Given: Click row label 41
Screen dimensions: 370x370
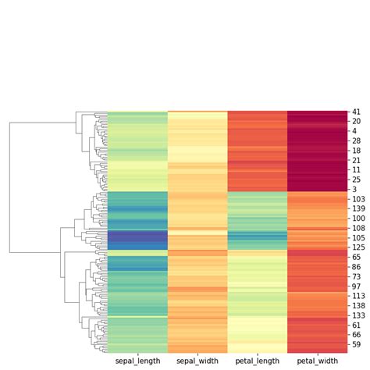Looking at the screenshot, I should [356, 112].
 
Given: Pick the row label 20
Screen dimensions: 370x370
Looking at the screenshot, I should [356, 122].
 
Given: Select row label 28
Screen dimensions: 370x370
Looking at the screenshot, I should [356, 141].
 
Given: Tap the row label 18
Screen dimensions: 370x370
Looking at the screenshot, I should [356, 151].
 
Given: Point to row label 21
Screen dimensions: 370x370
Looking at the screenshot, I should [356, 160].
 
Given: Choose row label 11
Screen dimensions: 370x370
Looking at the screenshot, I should [356, 170].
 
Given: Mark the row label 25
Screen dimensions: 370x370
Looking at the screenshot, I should [356, 180].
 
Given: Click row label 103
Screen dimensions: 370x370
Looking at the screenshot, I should [358, 199].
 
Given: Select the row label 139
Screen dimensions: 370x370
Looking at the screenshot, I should [358, 208].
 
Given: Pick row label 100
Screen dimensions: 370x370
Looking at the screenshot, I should [358, 218].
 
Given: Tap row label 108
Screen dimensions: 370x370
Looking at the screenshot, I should [358, 228].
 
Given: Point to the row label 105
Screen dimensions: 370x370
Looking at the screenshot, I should [358, 237].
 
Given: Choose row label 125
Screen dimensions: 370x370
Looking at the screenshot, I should [358, 247].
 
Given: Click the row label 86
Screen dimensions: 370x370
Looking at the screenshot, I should [356, 266].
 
